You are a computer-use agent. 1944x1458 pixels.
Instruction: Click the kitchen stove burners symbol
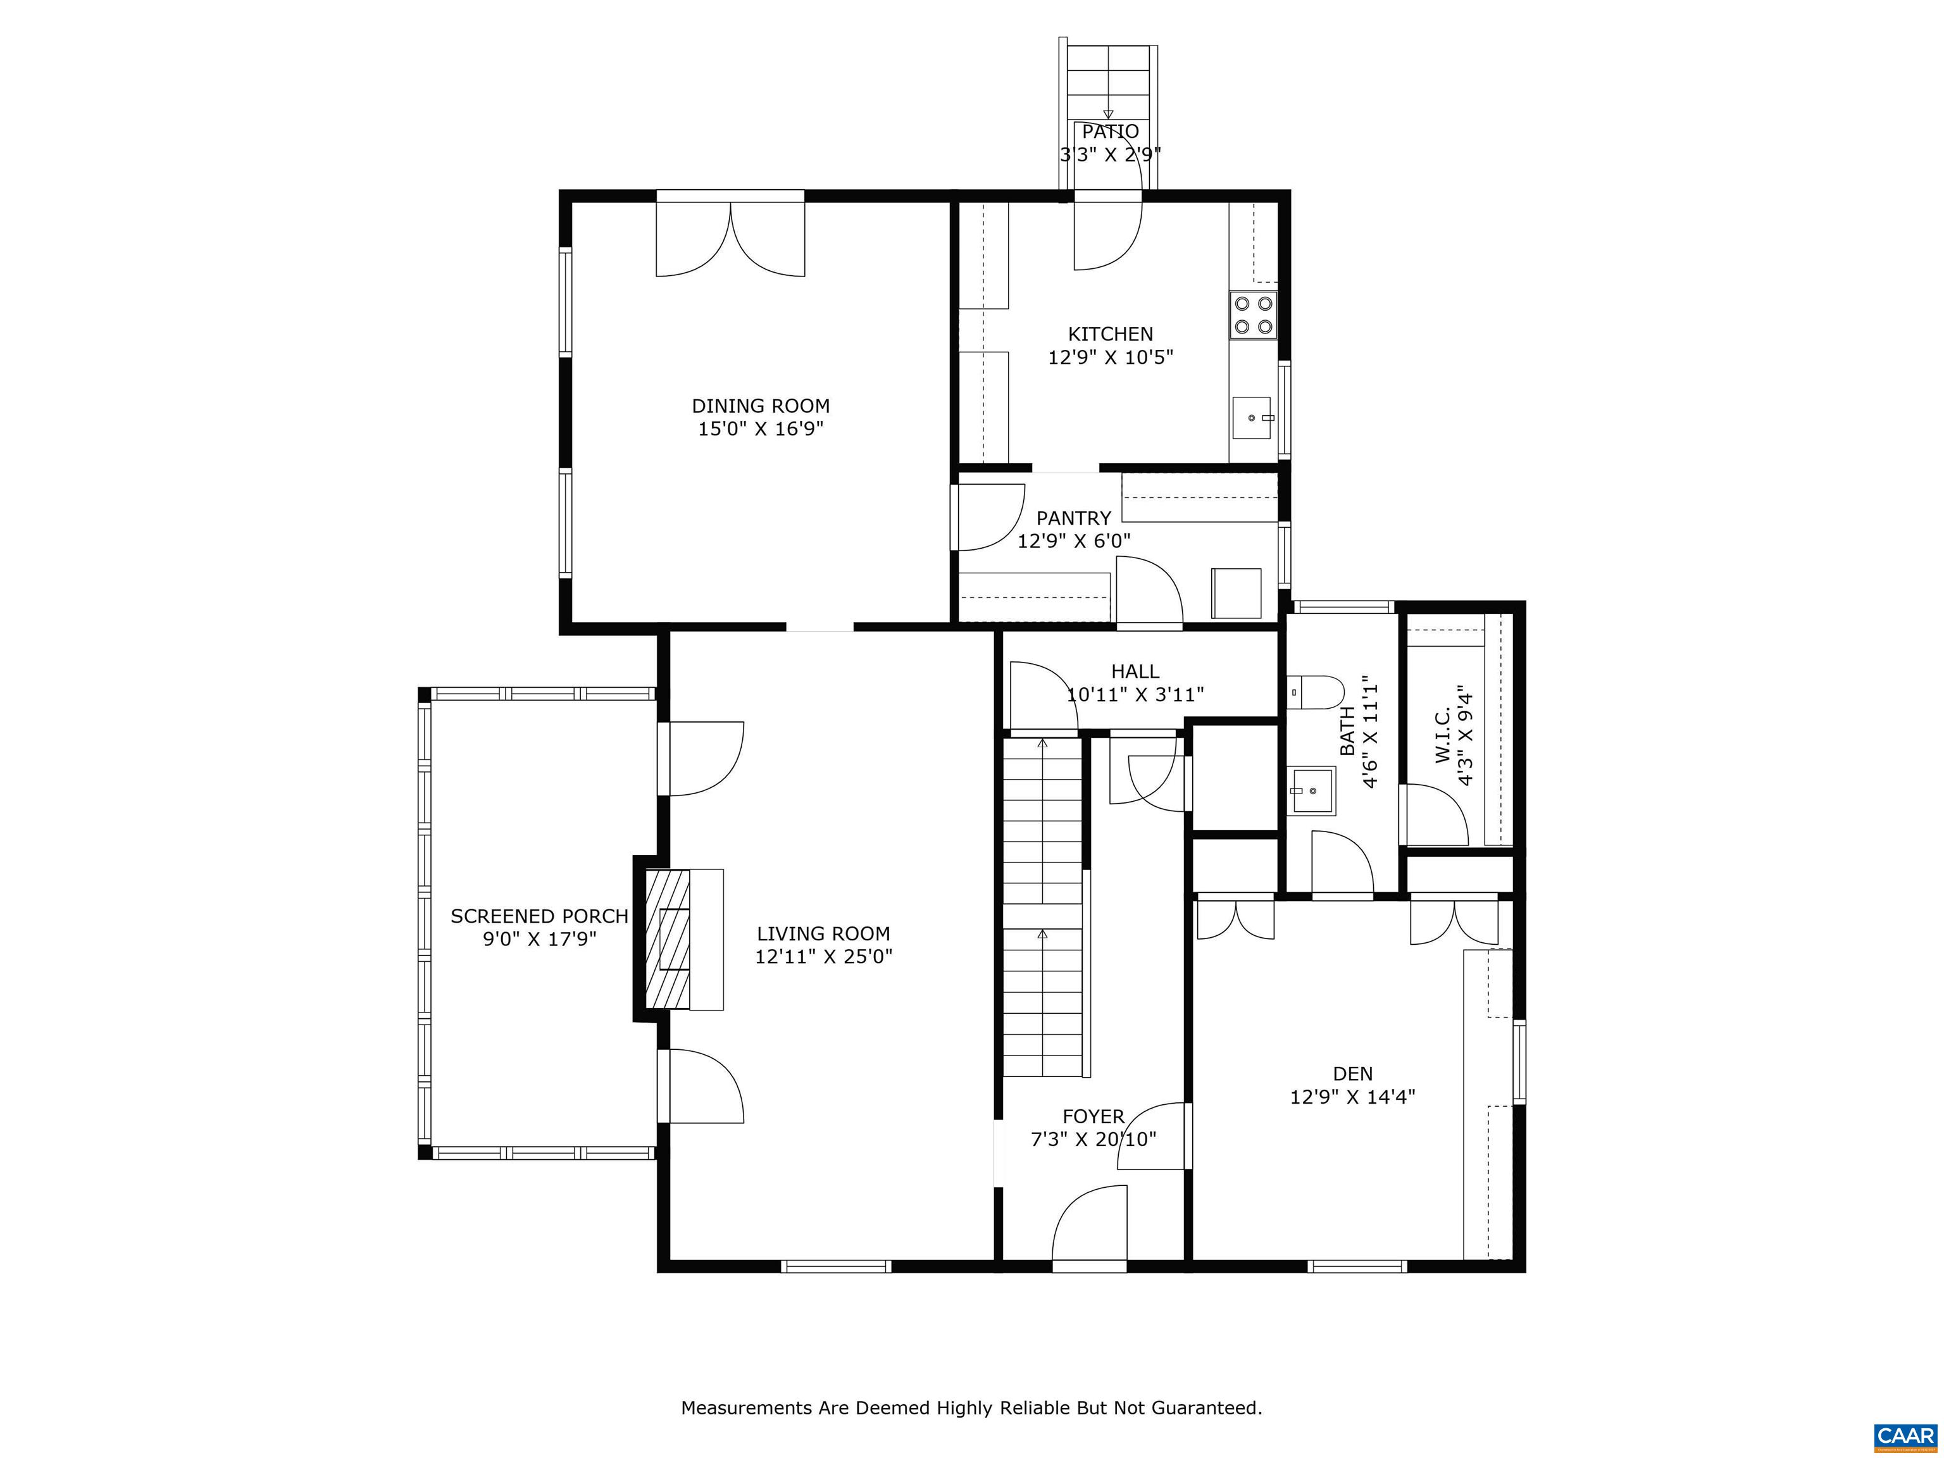coord(1253,316)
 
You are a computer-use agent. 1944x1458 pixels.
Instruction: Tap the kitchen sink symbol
coord(1252,418)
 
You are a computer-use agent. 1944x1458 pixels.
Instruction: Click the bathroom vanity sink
coord(1312,791)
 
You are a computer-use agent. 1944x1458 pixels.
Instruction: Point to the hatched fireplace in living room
coord(668,938)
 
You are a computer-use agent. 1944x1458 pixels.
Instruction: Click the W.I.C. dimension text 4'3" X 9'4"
coord(1464,735)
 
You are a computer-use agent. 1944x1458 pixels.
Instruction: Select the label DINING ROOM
coord(760,406)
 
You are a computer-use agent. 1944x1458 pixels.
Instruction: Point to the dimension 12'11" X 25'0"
coord(823,956)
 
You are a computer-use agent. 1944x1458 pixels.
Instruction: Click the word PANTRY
coord(1073,518)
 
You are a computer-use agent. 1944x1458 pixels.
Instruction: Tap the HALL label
coord(1135,671)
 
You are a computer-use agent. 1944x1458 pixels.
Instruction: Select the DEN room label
coord(1352,1073)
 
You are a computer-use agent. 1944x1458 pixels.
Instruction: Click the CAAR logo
coord(1905,1436)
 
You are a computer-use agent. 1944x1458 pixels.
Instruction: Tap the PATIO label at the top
coord(1110,132)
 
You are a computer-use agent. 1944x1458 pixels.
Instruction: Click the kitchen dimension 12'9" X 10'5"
coord(1110,358)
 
